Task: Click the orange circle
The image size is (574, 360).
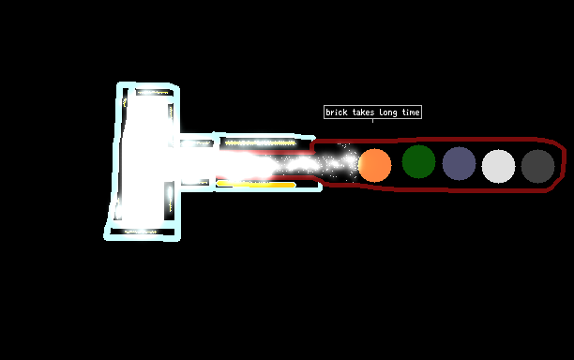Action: [x=374, y=165]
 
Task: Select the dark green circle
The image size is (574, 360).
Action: [x=418, y=161]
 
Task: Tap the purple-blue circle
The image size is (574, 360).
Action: [x=459, y=163]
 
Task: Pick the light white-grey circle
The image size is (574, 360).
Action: [x=498, y=166]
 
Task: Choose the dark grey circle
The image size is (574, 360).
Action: [x=537, y=166]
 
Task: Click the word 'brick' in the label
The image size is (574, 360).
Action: [x=337, y=112]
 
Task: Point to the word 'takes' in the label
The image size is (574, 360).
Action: [x=363, y=112]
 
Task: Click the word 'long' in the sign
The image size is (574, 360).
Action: [x=388, y=112]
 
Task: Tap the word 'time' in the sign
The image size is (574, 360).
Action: [x=411, y=112]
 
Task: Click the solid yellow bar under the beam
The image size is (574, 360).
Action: [x=256, y=185]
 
